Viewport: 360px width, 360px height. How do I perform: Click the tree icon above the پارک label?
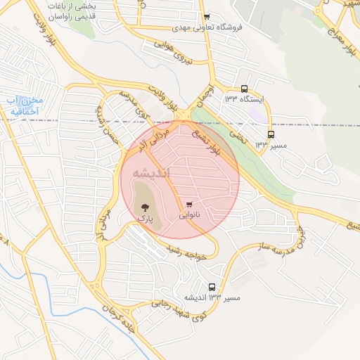click(x=144, y=207)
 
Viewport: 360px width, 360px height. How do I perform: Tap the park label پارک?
click(x=144, y=219)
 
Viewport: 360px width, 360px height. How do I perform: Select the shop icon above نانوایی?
click(x=188, y=205)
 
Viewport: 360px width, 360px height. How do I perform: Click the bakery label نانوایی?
click(x=189, y=216)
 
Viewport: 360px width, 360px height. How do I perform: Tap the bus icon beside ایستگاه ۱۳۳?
click(x=244, y=89)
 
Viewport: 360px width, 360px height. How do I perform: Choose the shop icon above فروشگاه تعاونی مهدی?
click(x=206, y=18)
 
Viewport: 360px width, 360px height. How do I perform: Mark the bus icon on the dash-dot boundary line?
click(x=271, y=134)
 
